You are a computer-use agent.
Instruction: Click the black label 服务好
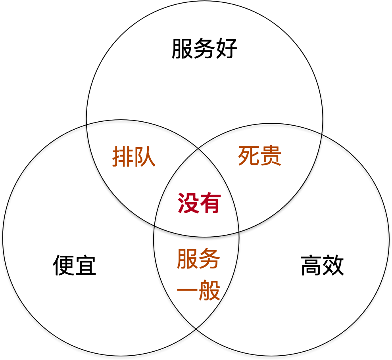pos(204,49)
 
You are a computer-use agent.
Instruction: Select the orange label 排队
pos(134,157)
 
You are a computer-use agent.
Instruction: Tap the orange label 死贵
pos(259,156)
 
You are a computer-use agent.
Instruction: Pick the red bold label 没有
pos(199,203)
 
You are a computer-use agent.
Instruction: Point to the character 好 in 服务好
pos(227,49)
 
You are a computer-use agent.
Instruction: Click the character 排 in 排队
pos(123,157)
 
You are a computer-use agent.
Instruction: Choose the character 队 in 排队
pos(145,157)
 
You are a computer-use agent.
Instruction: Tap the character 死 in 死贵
pos(248,156)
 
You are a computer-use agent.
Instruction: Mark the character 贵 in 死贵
pos(271,156)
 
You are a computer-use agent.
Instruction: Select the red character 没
pos(188,203)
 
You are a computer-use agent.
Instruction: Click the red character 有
pos(210,203)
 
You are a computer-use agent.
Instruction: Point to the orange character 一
pos(187,292)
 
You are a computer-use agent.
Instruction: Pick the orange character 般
pos(209,292)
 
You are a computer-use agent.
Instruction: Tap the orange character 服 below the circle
pos(187,259)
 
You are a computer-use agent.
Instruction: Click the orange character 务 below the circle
pos(209,259)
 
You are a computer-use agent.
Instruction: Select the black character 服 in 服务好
pos(182,49)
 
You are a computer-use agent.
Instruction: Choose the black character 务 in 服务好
pos(204,49)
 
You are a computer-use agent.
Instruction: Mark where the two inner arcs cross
pos(198,149)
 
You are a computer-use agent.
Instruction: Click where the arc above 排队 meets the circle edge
pos(87,124)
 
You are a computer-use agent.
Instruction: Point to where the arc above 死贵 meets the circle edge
pos(321,134)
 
